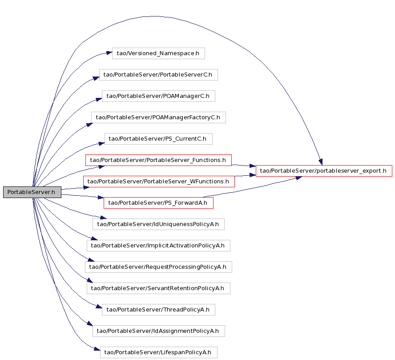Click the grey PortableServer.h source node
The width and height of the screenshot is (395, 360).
(x=32, y=192)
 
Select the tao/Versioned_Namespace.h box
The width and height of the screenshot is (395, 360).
(x=158, y=53)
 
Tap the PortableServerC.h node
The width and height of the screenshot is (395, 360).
(x=158, y=75)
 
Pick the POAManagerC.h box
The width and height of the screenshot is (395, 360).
(x=158, y=96)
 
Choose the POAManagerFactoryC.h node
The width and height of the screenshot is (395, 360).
(x=158, y=117)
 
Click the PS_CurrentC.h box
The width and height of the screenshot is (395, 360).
(x=158, y=139)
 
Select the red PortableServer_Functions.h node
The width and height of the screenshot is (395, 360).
(x=158, y=160)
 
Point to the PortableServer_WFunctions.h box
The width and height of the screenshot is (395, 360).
(x=159, y=182)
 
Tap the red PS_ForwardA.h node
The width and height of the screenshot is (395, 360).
(x=158, y=203)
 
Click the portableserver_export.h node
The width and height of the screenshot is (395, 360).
(x=324, y=171)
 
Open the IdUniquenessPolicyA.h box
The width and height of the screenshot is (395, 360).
(x=158, y=224)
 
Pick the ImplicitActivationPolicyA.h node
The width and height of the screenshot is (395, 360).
(x=158, y=246)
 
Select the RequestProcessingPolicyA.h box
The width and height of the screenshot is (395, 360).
(x=158, y=267)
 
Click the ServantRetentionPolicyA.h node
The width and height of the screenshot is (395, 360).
(x=158, y=288)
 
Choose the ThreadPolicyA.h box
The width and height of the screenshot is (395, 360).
(x=158, y=310)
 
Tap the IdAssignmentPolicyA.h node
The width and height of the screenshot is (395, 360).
(x=159, y=331)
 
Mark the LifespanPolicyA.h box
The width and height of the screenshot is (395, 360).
(x=159, y=352)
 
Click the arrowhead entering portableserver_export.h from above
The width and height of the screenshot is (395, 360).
(x=321, y=162)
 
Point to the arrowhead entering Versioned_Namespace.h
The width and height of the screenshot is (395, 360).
(x=109, y=53)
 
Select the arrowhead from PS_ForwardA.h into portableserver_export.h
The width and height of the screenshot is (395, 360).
(x=299, y=178)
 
